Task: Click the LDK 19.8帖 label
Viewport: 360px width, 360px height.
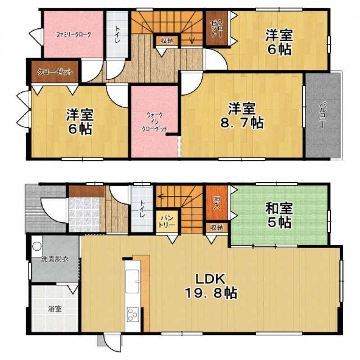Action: click(211, 286)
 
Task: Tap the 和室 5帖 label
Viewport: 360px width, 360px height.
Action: click(279, 215)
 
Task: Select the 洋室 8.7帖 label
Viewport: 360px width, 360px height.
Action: click(242, 116)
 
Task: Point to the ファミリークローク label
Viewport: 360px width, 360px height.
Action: click(73, 35)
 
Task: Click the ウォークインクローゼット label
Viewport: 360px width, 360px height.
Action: click(154, 121)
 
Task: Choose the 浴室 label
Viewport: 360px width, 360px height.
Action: click(55, 309)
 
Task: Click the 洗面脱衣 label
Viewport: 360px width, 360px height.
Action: click(55, 259)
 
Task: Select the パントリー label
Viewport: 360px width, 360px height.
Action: click(167, 221)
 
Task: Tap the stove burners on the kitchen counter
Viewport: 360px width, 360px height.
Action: click(133, 315)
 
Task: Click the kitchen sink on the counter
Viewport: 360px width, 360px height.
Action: click(132, 281)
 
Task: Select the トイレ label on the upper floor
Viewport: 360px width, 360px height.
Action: click(117, 35)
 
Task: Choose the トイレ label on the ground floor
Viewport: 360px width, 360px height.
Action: click(142, 209)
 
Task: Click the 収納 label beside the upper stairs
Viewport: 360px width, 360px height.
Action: click(167, 41)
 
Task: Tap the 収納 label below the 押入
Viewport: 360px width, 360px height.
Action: click(217, 228)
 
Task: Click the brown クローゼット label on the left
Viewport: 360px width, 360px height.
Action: click(55, 72)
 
